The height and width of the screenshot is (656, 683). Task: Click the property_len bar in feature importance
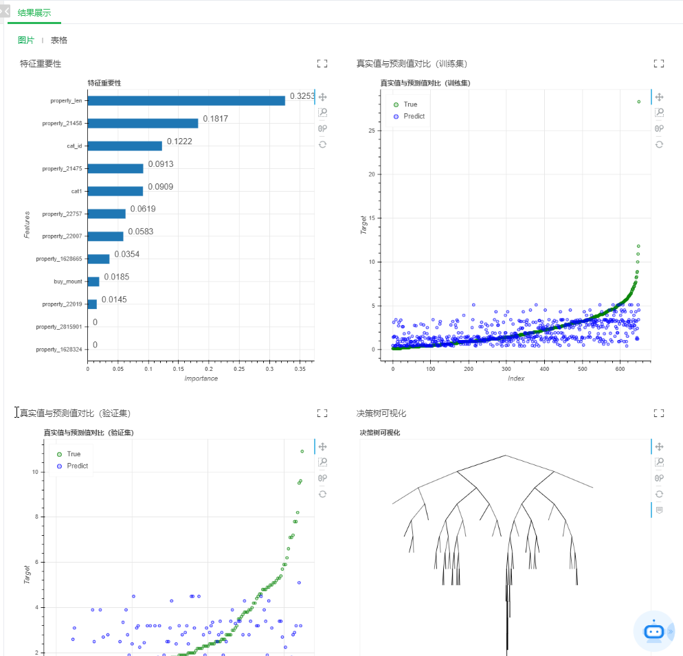[x=186, y=101]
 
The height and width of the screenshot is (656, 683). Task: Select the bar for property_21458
[x=142, y=124]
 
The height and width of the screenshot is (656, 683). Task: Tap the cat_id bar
[x=124, y=146]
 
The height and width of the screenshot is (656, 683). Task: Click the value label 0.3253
[x=302, y=96]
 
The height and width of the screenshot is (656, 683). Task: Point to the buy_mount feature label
[x=68, y=282]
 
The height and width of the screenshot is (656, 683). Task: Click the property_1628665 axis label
[x=59, y=259]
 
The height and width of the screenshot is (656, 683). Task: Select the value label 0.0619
[x=142, y=209]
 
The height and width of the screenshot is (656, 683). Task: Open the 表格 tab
[x=59, y=41]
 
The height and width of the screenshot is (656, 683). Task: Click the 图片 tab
[x=26, y=41]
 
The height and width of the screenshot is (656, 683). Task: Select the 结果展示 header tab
[x=34, y=12]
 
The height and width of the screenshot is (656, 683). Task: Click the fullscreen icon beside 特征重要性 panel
[x=322, y=64]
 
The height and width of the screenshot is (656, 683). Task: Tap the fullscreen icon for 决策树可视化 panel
[x=659, y=414]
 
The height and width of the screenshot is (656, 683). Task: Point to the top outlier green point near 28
[x=639, y=102]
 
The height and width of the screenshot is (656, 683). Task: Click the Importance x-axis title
[x=201, y=378]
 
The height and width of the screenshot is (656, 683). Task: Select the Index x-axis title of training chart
[x=516, y=378]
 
